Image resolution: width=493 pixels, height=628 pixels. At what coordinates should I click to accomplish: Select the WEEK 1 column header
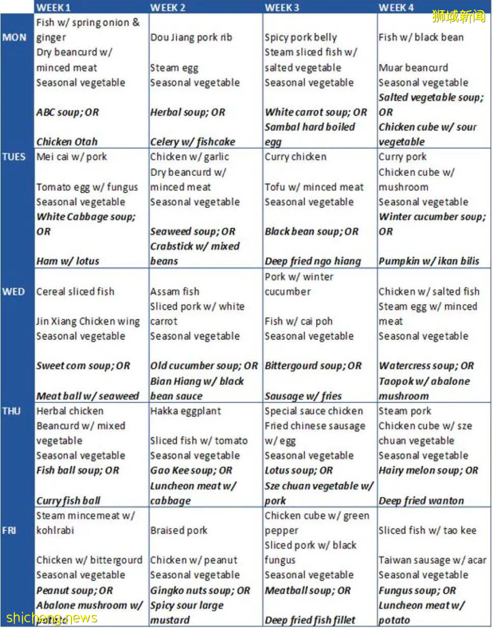(53, 7)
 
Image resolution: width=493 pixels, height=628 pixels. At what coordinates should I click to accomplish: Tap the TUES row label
(14, 156)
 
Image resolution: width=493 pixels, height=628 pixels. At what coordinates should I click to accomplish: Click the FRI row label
(10, 530)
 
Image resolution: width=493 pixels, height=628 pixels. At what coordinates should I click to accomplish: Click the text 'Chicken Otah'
(67, 142)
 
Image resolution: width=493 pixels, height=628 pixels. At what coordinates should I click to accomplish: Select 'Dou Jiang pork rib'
(191, 37)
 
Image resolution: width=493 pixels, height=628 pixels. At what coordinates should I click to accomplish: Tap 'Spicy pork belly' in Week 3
(301, 37)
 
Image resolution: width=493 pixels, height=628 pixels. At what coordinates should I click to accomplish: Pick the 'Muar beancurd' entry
(413, 67)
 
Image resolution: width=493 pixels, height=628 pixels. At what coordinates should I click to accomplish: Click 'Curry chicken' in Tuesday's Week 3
(295, 156)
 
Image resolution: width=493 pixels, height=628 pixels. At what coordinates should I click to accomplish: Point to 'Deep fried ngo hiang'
(313, 261)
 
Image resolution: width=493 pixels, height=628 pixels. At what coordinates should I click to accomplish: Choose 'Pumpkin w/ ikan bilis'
(429, 261)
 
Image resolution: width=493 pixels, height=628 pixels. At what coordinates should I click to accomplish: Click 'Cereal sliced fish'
(75, 292)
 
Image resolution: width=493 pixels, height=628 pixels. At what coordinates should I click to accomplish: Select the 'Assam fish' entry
(175, 292)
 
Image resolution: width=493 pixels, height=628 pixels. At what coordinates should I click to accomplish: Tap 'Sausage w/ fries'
(303, 396)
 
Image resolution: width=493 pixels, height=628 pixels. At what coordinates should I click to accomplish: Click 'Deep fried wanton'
(421, 501)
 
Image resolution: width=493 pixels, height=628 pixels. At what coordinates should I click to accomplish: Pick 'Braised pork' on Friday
(179, 530)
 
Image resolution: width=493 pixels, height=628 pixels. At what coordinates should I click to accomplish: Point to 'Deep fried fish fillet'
(317, 620)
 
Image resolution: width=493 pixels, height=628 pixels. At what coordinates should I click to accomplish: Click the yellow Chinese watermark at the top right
(458, 16)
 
